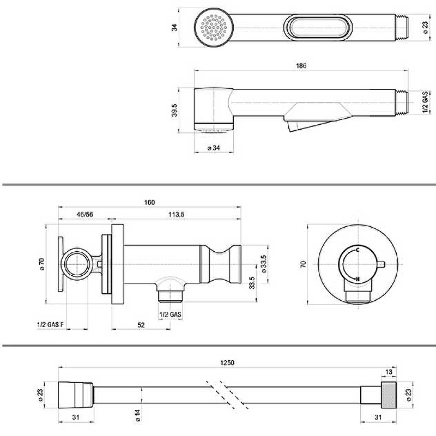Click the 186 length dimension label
(301, 65)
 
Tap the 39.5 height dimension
(174, 110)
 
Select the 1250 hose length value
(227, 362)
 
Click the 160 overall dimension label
(149, 202)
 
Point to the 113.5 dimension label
(176, 214)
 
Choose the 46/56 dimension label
(85, 214)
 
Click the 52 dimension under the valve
(141, 325)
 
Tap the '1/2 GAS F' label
(50, 324)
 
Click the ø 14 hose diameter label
(138, 415)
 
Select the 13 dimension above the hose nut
(389, 372)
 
